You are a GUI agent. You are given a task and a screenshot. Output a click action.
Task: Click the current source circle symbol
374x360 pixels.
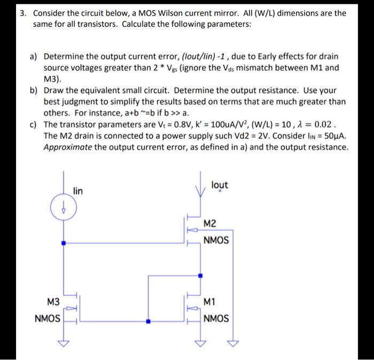click(x=64, y=208)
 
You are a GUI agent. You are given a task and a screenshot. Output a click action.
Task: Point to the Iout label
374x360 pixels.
click(x=219, y=185)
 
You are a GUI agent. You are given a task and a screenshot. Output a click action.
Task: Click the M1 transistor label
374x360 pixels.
click(x=211, y=302)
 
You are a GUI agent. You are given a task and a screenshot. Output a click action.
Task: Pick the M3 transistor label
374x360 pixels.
click(x=53, y=302)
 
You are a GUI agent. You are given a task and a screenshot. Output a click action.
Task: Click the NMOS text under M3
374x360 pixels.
click(x=47, y=319)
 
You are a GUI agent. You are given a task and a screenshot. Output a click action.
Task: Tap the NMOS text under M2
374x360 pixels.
click(x=216, y=240)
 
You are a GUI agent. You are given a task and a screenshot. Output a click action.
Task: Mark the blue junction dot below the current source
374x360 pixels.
click(x=64, y=243)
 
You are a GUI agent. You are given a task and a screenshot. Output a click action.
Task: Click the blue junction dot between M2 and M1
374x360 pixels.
click(x=200, y=276)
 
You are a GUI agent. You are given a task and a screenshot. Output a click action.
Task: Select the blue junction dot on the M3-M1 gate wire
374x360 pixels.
click(x=149, y=322)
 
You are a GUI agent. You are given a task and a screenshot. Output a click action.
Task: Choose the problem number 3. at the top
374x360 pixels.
click(x=23, y=13)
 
